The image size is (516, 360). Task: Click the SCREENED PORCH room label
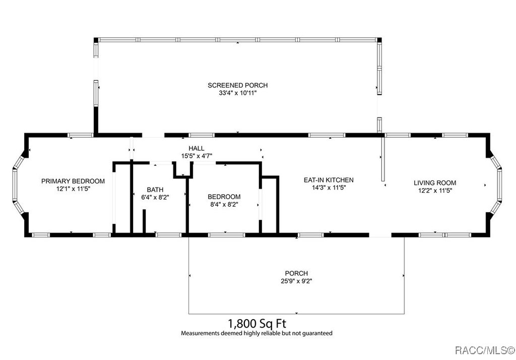tap(238, 85)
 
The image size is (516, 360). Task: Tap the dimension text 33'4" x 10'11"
tap(238, 93)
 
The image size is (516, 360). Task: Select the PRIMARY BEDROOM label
tap(73, 181)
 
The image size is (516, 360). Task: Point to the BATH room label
tap(155, 190)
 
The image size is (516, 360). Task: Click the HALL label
tap(197, 148)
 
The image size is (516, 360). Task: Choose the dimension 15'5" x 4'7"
tap(197, 156)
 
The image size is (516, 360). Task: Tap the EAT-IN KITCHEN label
tap(329, 180)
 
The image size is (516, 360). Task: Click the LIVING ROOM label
tap(435, 183)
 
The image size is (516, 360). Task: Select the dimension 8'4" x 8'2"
tap(224, 204)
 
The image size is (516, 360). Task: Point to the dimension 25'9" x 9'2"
tap(296, 281)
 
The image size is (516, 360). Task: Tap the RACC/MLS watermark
tap(485, 350)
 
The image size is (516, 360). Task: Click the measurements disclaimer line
tap(256, 333)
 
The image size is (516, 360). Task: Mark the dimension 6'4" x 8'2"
tap(155, 197)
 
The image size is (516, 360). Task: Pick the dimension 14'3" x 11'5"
tap(329, 188)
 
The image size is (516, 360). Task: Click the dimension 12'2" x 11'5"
tap(435, 191)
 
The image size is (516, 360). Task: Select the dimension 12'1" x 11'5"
tap(73, 189)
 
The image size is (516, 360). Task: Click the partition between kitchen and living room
tap(383, 158)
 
